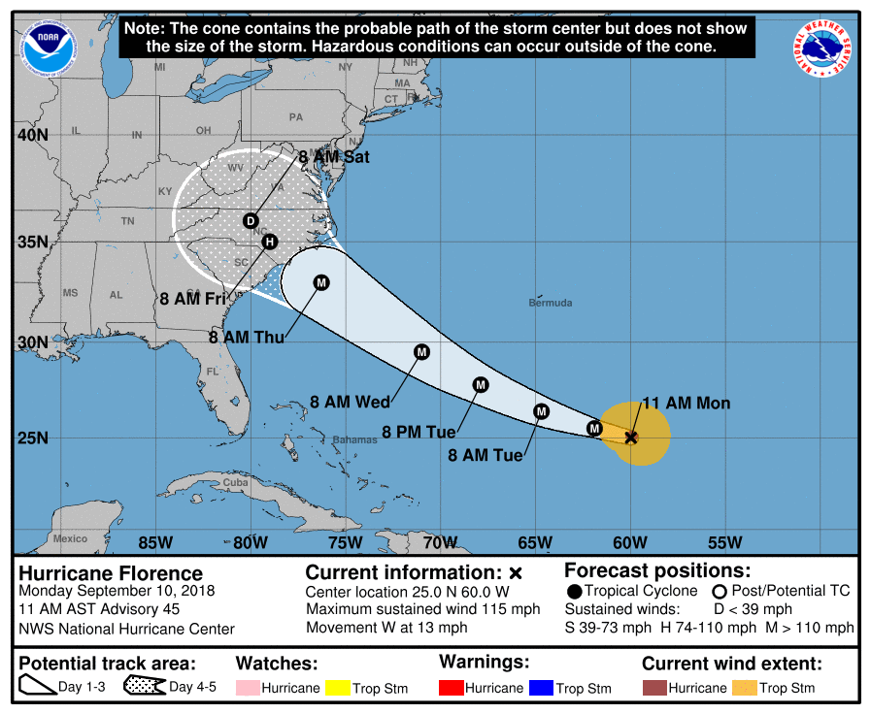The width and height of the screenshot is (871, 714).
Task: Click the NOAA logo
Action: (x=42, y=42)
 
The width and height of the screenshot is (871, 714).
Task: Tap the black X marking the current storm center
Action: (x=631, y=438)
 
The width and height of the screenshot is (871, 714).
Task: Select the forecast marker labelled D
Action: (x=251, y=221)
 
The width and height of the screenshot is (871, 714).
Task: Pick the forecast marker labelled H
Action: (x=270, y=242)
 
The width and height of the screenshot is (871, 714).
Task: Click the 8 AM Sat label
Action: (x=334, y=156)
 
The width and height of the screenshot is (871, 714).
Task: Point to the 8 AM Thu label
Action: (x=246, y=338)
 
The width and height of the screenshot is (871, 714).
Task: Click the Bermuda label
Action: (x=550, y=303)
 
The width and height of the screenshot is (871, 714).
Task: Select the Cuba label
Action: (x=236, y=482)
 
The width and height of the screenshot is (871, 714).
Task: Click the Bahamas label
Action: (x=354, y=439)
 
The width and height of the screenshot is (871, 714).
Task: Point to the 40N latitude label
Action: (x=33, y=135)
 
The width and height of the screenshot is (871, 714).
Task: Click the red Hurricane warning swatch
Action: (x=451, y=688)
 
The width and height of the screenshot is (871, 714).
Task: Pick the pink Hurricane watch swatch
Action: (x=248, y=688)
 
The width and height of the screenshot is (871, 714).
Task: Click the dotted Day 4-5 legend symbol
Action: (x=144, y=687)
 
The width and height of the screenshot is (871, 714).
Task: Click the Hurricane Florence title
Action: (x=111, y=573)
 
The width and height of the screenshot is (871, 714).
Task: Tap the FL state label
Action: (x=213, y=372)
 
